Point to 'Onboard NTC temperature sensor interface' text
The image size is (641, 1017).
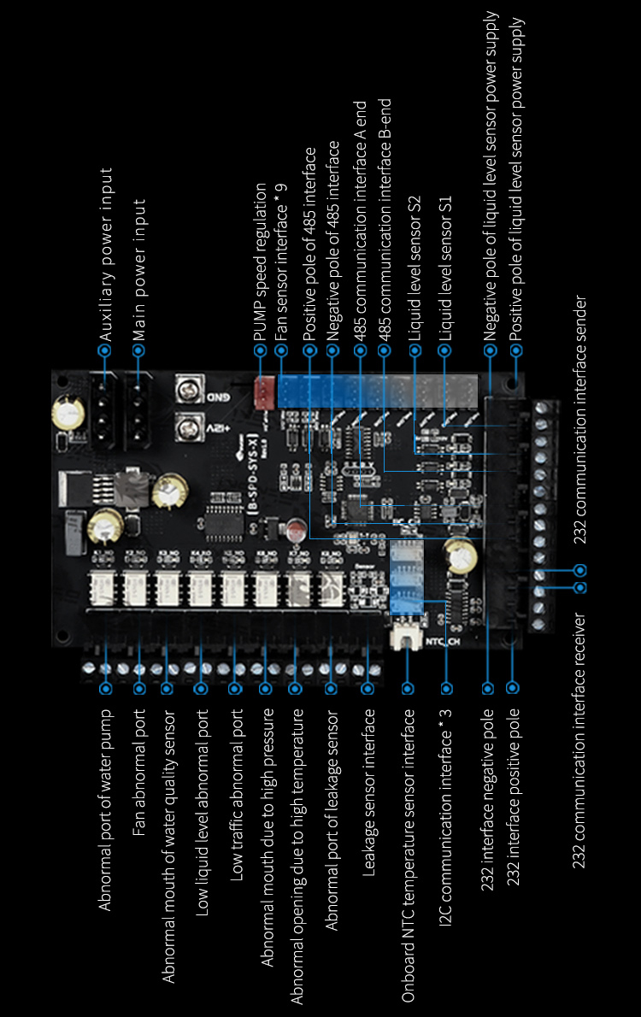(x=409, y=855)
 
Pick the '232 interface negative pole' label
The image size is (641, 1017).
(x=488, y=799)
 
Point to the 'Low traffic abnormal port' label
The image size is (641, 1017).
(x=237, y=794)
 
